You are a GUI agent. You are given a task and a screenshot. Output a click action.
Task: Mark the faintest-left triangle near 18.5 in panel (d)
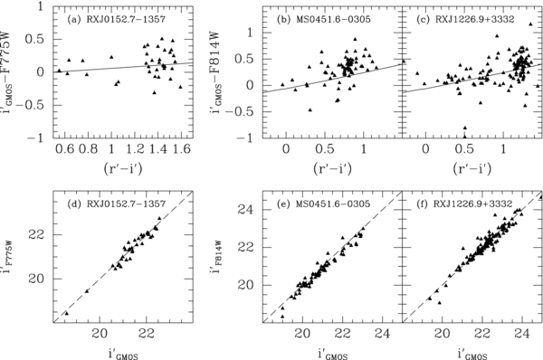click(x=65, y=313)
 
